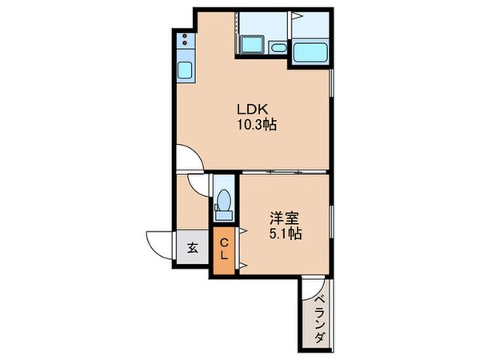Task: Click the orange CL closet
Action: click(x=224, y=249)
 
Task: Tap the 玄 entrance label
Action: click(x=193, y=248)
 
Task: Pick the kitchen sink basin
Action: click(x=184, y=71)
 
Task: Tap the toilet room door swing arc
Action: click(x=199, y=183)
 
